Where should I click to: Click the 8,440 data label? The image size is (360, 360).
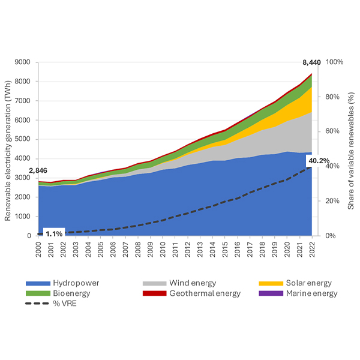[311, 62]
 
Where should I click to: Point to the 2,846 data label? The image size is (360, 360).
[38, 171]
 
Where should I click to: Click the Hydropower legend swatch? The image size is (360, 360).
[37, 282]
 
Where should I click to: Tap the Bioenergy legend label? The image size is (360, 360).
[70, 293]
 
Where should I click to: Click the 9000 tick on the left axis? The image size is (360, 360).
[23, 62]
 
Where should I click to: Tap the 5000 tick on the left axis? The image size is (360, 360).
[23, 139]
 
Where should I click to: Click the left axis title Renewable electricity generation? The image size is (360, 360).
[8, 149]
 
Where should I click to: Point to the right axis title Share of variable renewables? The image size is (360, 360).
[352, 149]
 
